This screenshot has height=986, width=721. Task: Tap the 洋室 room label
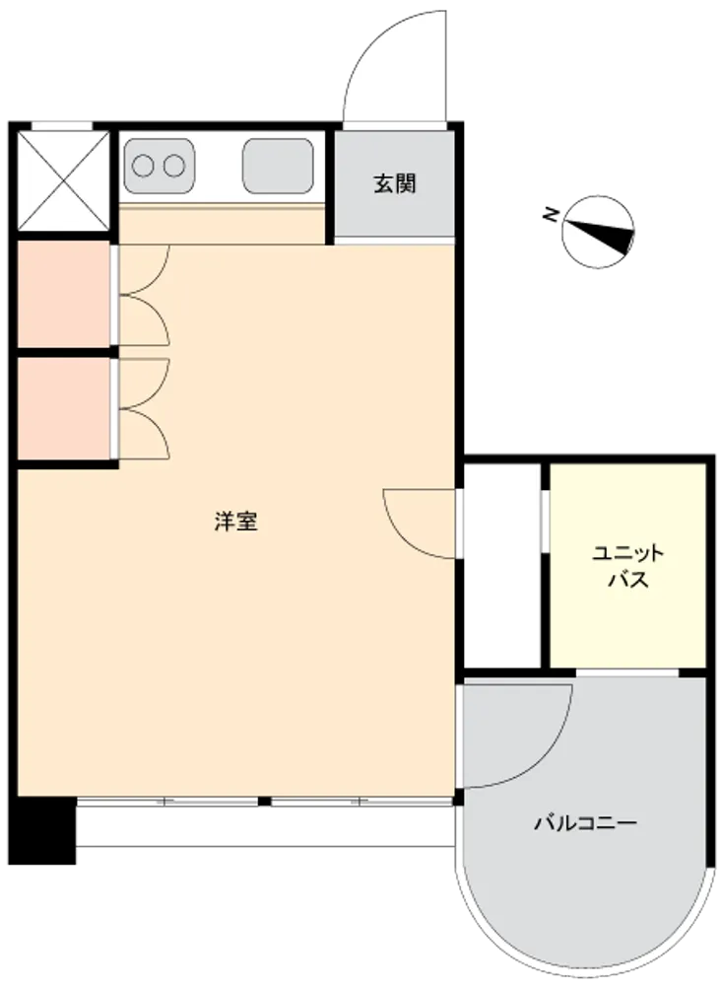(x=236, y=522)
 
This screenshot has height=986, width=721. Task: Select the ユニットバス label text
(x=628, y=567)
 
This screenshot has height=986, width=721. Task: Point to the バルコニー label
(x=585, y=822)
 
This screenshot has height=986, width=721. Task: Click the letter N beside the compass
(x=551, y=215)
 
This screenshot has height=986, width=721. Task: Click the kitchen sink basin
(x=278, y=166)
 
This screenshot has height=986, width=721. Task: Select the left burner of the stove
(x=143, y=166)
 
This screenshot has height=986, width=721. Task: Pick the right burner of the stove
(x=174, y=166)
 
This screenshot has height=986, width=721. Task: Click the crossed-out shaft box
(x=63, y=181)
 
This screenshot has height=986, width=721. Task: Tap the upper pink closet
(x=63, y=294)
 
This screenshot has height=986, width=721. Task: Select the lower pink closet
(x=63, y=409)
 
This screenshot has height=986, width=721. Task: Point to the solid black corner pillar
(x=42, y=830)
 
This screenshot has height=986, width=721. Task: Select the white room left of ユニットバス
(x=502, y=566)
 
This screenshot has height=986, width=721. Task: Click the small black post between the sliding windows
(x=264, y=801)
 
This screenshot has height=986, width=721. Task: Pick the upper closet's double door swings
(x=144, y=295)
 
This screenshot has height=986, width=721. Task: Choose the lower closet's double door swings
(x=144, y=409)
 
